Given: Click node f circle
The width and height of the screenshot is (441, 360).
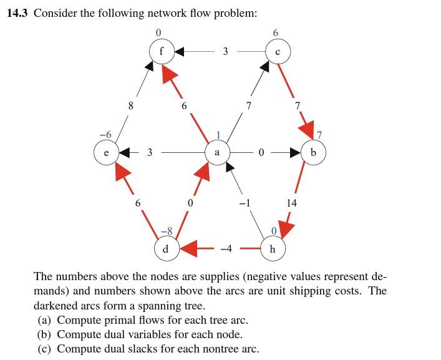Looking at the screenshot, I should [x=162, y=51].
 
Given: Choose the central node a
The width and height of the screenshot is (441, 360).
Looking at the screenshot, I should [x=216, y=152].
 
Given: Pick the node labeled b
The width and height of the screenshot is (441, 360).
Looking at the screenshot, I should [x=313, y=152].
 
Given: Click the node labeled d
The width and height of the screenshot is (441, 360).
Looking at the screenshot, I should [x=165, y=248].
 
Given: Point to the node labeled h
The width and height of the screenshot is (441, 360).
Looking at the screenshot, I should [x=271, y=248].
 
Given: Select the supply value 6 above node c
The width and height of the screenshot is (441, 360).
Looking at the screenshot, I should [x=276, y=32].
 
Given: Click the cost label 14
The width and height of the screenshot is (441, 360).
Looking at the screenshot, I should [x=291, y=202].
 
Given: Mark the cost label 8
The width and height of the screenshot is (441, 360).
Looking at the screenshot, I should [x=130, y=105].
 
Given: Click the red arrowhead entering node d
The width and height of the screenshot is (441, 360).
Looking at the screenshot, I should [x=188, y=248].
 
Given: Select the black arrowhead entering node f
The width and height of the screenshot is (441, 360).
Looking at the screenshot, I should [x=178, y=51].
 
